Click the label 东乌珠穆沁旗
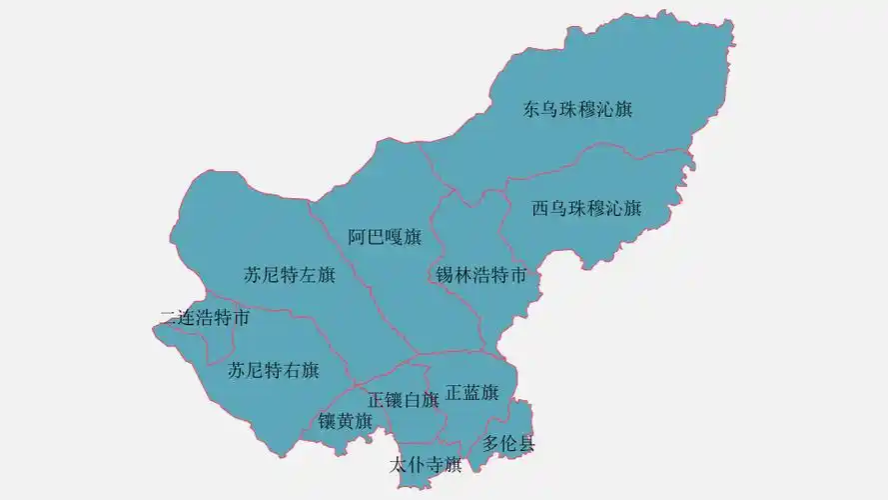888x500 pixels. (577, 109)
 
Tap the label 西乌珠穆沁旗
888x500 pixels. (585, 208)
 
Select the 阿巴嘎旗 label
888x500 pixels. (385, 237)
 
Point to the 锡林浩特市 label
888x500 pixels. (480, 274)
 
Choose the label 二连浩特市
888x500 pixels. (205, 319)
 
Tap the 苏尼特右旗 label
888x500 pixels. (273, 370)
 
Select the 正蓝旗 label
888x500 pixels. (471, 392)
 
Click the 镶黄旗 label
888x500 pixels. (346, 421)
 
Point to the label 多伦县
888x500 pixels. (508, 443)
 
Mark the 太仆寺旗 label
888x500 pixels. (425, 464)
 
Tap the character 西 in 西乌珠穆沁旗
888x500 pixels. (540, 208)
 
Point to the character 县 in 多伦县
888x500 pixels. (526, 443)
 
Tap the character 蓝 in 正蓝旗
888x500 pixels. (471, 392)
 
